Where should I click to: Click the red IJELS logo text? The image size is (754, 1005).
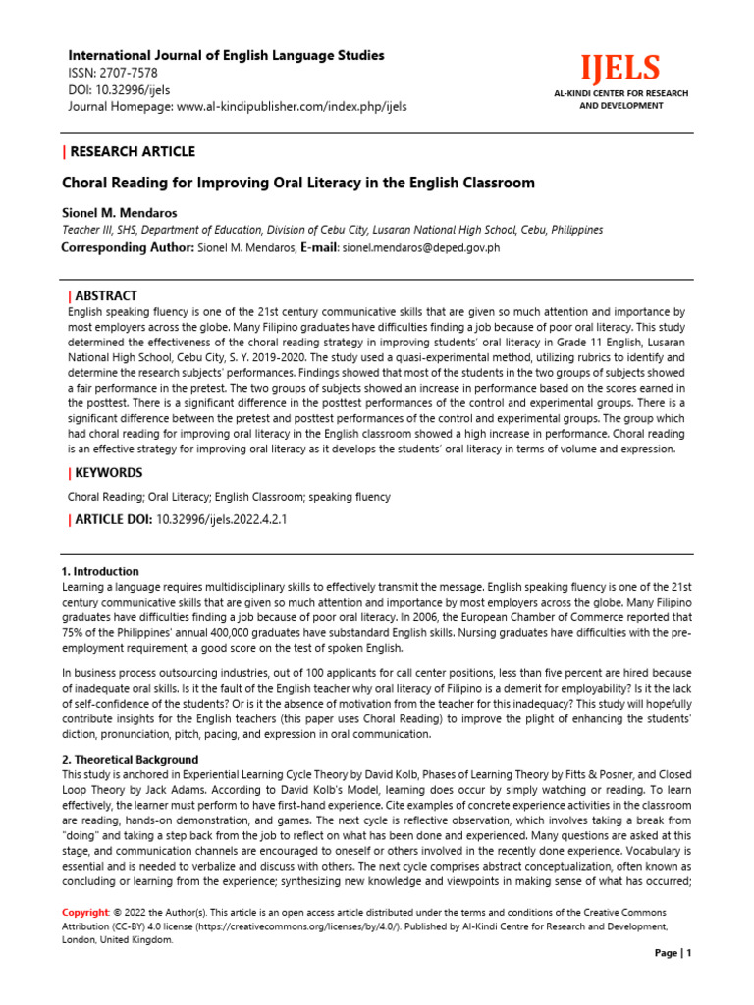click(619, 69)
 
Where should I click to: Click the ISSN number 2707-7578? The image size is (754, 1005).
click(127, 73)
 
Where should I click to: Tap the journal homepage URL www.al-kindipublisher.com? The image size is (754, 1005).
click(292, 106)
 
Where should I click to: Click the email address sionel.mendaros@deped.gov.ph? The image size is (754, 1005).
click(420, 248)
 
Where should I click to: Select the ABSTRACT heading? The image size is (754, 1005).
click(106, 295)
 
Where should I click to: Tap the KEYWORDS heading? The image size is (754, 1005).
click(109, 473)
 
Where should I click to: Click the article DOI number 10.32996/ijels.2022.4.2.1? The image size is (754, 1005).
click(222, 519)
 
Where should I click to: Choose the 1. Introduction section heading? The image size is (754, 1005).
click(100, 571)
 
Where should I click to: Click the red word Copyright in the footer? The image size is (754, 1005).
click(84, 912)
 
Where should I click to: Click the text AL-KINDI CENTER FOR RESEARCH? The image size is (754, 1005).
click(621, 93)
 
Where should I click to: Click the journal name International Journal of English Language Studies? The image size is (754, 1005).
click(224, 55)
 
